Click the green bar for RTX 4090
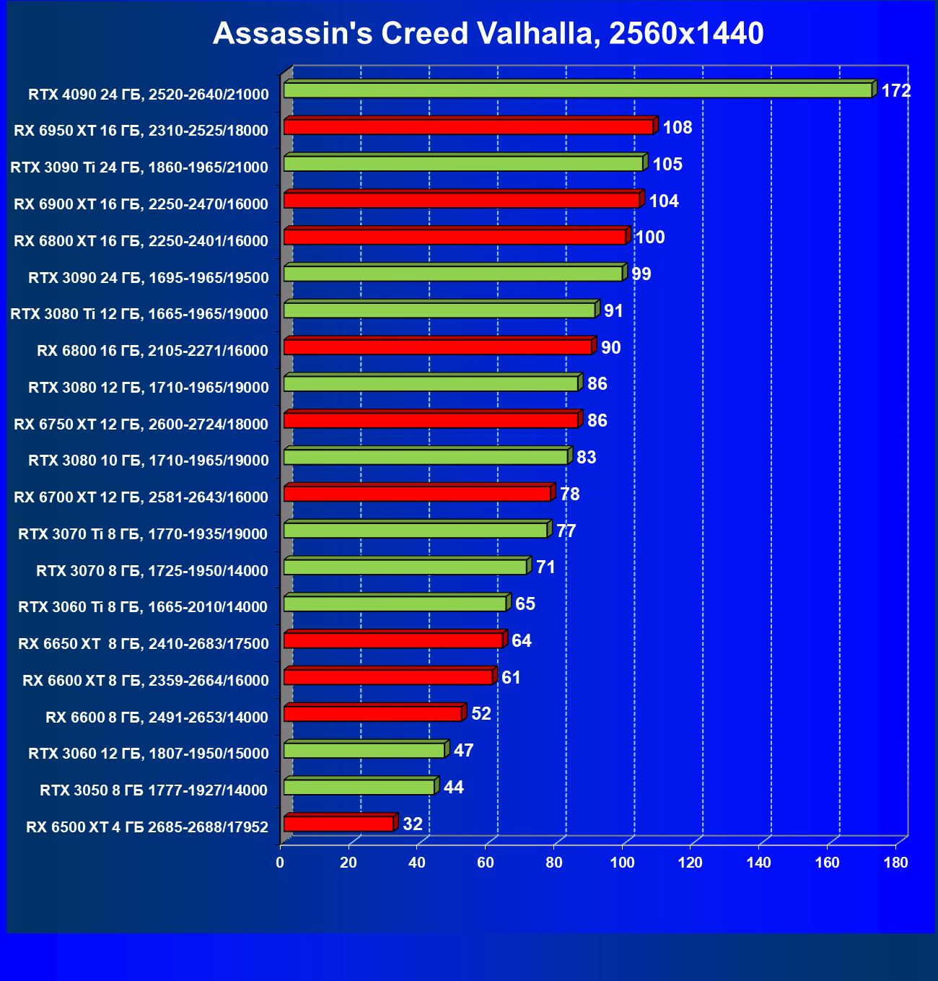(x=577, y=90)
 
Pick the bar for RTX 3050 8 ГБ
(x=359, y=787)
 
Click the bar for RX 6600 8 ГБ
(x=372, y=714)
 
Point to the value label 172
(x=896, y=91)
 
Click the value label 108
(x=677, y=128)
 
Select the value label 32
(x=413, y=824)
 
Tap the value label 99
(x=641, y=274)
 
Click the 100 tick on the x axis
(x=622, y=863)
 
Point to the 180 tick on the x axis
(x=895, y=863)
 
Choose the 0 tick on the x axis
(x=280, y=863)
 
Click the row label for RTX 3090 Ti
(x=139, y=167)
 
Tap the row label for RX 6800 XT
(x=141, y=241)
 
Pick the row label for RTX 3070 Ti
(x=143, y=534)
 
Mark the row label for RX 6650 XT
(x=143, y=644)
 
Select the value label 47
(x=463, y=751)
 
